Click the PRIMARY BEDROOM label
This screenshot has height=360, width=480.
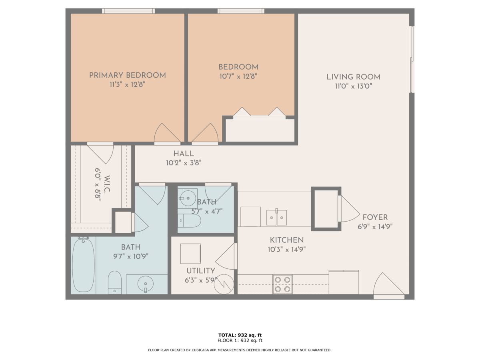[128, 76]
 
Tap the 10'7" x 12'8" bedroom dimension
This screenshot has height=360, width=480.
[238, 76]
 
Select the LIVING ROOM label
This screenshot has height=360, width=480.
[353, 77]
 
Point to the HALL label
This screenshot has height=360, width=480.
[184, 154]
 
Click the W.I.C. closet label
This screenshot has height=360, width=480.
[107, 184]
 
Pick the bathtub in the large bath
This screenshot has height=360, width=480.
[83, 265]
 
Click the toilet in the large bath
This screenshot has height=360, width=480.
[115, 282]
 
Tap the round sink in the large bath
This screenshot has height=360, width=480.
[146, 284]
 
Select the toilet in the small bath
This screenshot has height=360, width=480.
[190, 220]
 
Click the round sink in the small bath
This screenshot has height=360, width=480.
[188, 198]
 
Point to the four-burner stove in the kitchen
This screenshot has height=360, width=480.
[282, 284]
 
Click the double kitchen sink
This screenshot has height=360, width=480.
[276, 218]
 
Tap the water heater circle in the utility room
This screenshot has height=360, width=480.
[224, 284]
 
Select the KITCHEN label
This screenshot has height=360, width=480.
[287, 240]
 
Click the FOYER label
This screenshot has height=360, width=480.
[375, 217]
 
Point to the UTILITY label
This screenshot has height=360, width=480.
[201, 271]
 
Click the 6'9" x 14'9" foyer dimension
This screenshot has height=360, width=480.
[375, 227]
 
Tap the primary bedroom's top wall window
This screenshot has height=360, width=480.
[128, 11]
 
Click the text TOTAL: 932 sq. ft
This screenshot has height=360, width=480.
[240, 335]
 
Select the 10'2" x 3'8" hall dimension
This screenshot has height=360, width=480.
[184, 163]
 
